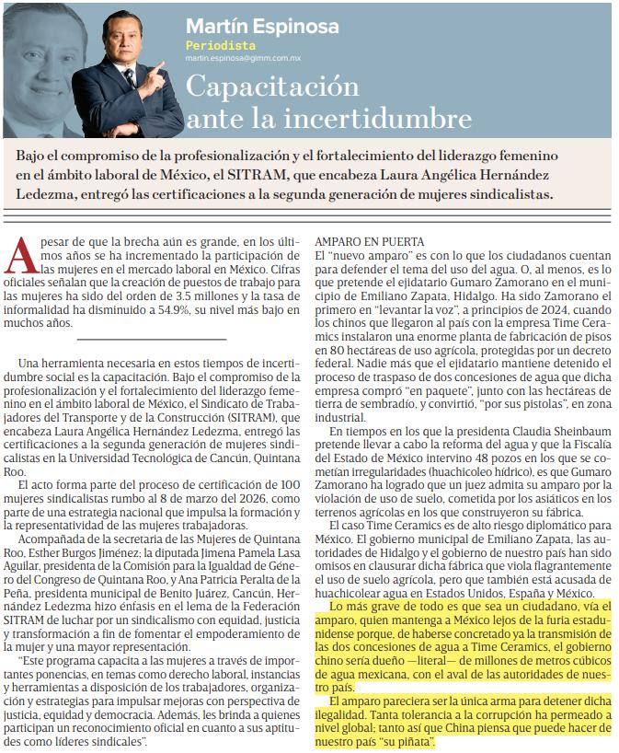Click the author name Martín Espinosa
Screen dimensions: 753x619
261,26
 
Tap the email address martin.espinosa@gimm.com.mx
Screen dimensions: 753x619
243,57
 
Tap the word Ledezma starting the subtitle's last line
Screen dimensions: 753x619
45,194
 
